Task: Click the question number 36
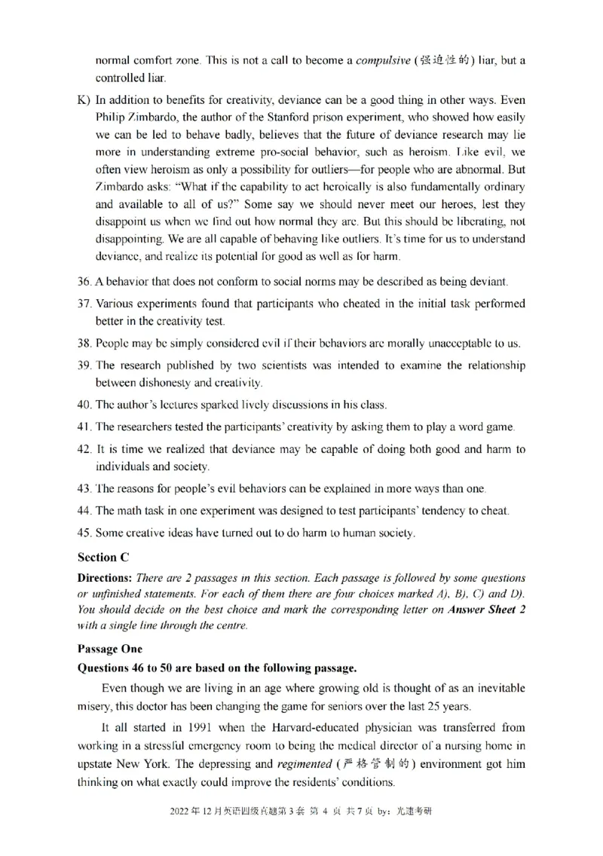point(84,282)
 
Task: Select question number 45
point(84,533)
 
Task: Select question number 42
point(84,449)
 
